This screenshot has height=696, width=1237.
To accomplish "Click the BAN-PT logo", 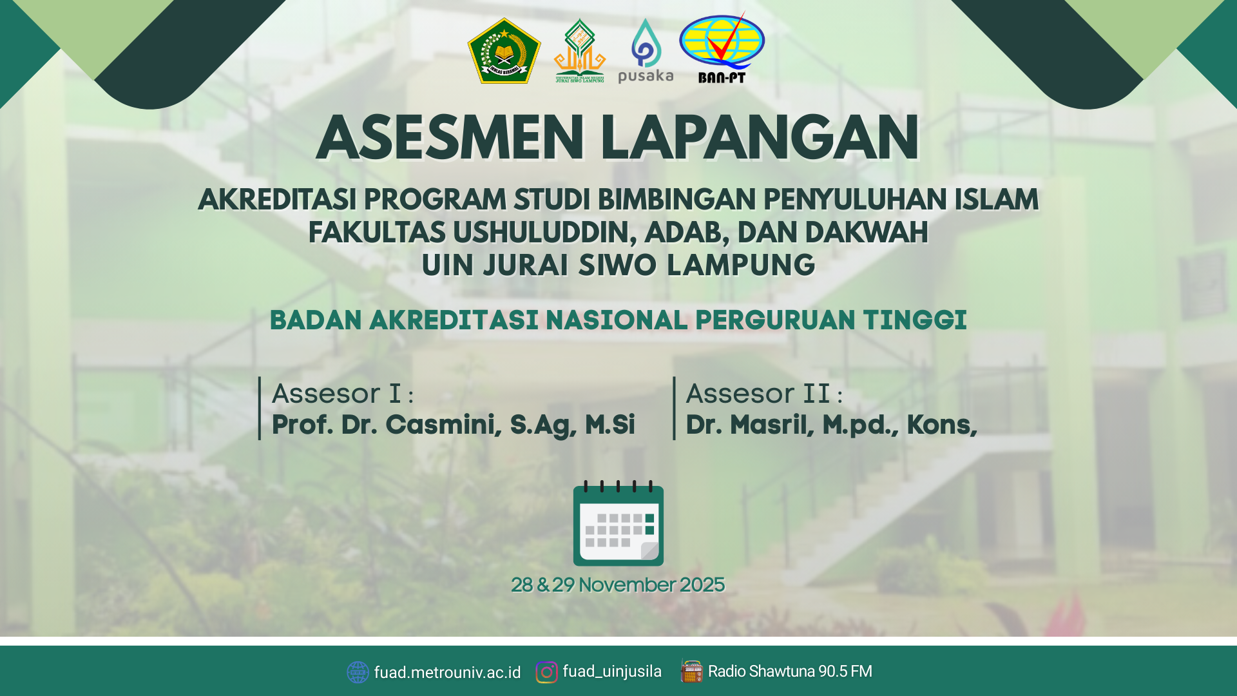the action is click(722, 49).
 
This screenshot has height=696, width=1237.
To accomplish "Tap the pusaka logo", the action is click(646, 50).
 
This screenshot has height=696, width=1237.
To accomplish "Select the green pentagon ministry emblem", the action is click(504, 50).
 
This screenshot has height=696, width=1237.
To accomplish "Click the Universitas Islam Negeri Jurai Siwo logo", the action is click(580, 50).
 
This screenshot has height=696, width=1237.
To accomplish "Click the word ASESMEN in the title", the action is click(450, 139).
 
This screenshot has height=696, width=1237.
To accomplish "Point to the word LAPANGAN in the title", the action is click(760, 139).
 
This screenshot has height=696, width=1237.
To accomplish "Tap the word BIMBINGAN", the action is click(676, 200).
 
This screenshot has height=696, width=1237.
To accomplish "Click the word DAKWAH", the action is click(867, 233).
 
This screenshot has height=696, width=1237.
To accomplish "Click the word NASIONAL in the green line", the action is click(617, 320).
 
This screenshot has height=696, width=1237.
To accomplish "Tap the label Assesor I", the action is click(336, 394).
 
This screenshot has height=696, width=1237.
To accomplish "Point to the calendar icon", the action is click(618, 523).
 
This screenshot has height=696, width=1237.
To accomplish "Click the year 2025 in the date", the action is click(702, 585).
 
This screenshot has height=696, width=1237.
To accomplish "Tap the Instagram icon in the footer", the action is click(546, 672).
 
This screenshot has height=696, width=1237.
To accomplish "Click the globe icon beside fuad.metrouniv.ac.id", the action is click(358, 672).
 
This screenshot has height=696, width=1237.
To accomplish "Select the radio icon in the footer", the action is click(691, 671).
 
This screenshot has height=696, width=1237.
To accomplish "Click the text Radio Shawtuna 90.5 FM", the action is click(790, 672).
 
